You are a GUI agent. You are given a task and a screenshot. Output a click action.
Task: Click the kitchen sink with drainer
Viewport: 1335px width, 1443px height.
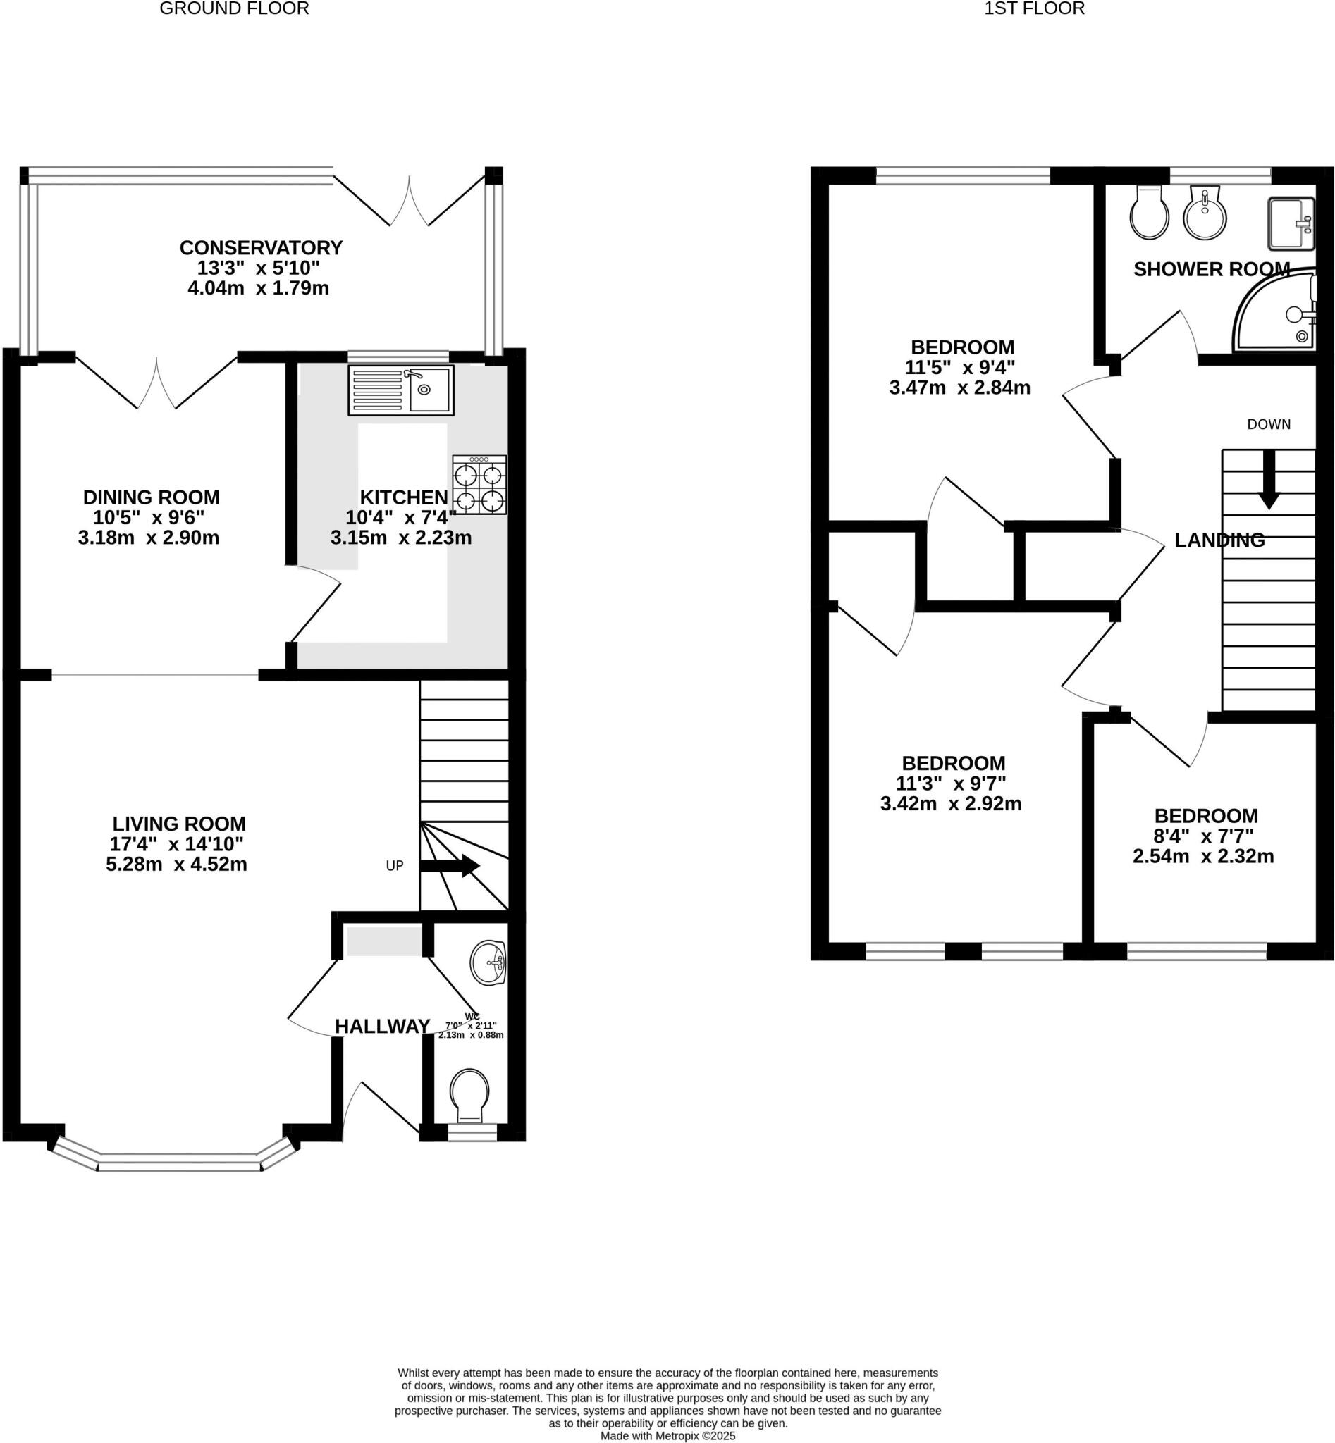401,390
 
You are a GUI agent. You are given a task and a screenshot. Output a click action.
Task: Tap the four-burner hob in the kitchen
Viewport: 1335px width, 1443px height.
479,485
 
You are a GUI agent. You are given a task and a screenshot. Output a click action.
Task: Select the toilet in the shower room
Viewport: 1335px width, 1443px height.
1150,213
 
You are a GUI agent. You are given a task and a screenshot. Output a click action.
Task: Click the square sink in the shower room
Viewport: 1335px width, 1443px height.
1291,223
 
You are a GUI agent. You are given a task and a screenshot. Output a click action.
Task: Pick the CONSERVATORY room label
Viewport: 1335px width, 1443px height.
261,248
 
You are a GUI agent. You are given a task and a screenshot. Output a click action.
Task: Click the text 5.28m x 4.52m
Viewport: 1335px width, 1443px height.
176,864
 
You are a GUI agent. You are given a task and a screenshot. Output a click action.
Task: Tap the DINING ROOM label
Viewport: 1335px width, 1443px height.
151,497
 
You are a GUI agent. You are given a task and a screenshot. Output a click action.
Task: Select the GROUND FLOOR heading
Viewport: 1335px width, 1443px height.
234,8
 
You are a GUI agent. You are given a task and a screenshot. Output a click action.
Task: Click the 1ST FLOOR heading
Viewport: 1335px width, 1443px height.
1034,8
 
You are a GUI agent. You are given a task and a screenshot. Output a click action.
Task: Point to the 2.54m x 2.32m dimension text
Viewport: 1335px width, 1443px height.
1202,857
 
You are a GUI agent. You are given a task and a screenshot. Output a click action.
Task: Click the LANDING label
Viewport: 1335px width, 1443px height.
1219,540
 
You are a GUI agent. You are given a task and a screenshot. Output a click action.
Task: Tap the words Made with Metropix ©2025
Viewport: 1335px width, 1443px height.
667,1436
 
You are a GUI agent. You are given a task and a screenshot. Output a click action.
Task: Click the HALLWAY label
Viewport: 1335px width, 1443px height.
382,1027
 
